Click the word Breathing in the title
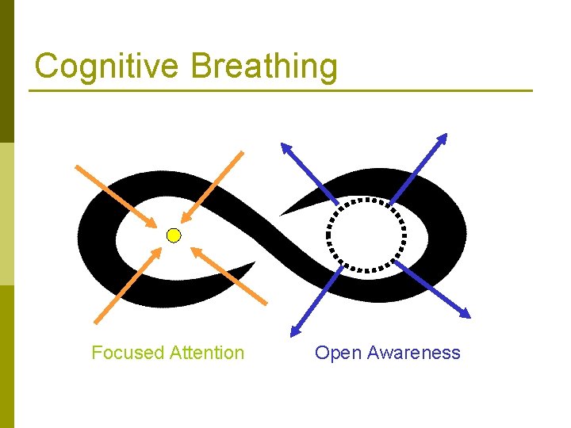(x=263, y=67)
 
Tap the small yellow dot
(x=174, y=235)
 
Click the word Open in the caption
(x=335, y=353)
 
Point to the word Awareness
(x=410, y=353)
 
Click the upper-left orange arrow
(x=116, y=195)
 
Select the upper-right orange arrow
(x=213, y=187)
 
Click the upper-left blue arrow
(x=310, y=173)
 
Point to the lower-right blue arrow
(x=432, y=289)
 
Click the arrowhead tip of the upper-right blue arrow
(x=445, y=135)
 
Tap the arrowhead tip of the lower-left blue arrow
(x=293, y=333)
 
